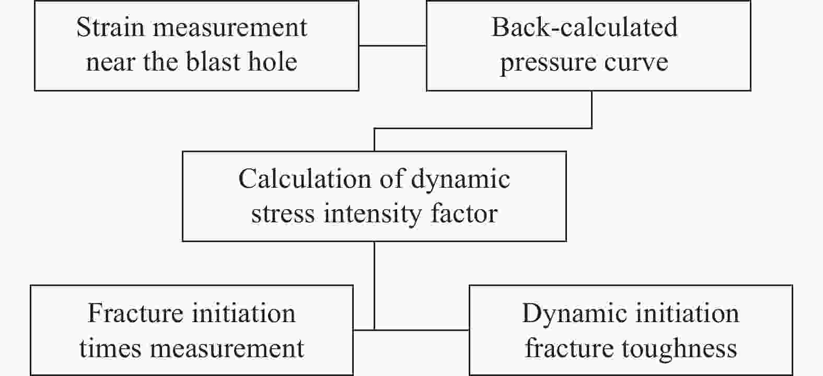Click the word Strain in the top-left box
pos(110,27)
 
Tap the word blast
pos(214,61)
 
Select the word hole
pos(273,61)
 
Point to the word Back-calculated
pos(584,27)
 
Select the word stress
pos(283,214)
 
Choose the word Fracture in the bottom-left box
pos(135,314)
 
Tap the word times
pos(110,348)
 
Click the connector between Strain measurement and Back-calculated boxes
pos(393,45)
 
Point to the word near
pos(110,63)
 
